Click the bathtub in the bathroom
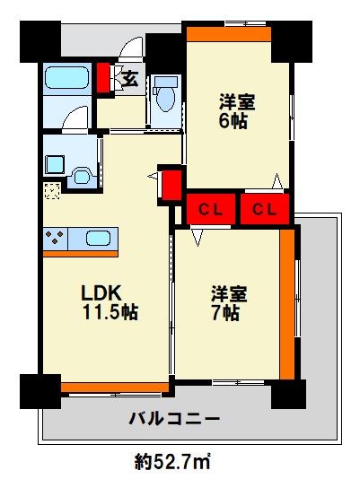coord(64,79)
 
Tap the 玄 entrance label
coord(129,77)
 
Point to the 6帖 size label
coord(236,120)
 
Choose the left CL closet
coord(210,210)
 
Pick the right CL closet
coord(264,210)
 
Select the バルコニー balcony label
coord(174,419)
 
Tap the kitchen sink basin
coord(99,239)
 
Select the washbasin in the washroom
coord(82,176)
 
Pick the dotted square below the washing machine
coord(53,190)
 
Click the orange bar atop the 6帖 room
coord(229,34)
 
